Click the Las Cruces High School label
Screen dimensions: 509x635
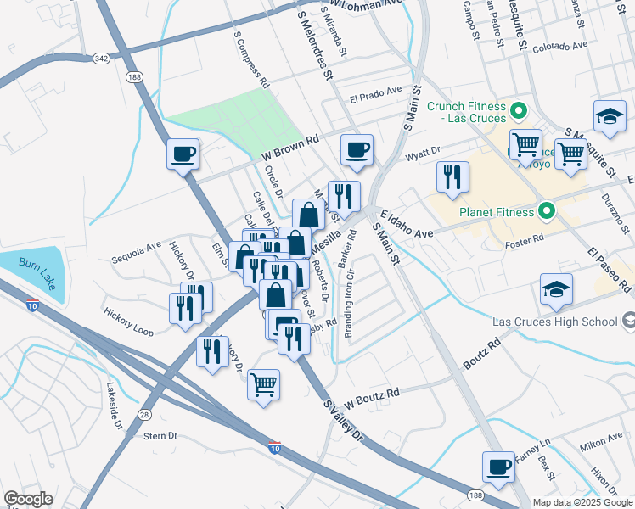[555, 322]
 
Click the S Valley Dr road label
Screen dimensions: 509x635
[343, 420]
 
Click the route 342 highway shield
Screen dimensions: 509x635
[102, 58]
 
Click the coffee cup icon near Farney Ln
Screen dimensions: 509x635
[498, 466]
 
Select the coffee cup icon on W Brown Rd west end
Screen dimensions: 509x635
[183, 154]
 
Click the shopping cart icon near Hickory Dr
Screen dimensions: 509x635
[264, 384]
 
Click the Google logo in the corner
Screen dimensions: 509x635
[28, 499]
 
